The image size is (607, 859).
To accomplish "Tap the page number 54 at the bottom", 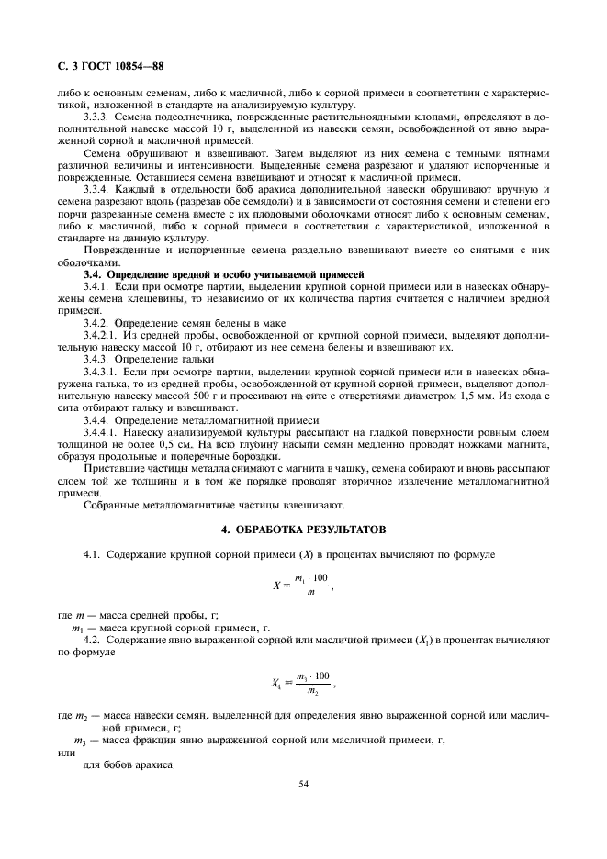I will (303, 784).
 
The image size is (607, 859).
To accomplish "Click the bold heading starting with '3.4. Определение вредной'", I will (224, 274).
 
